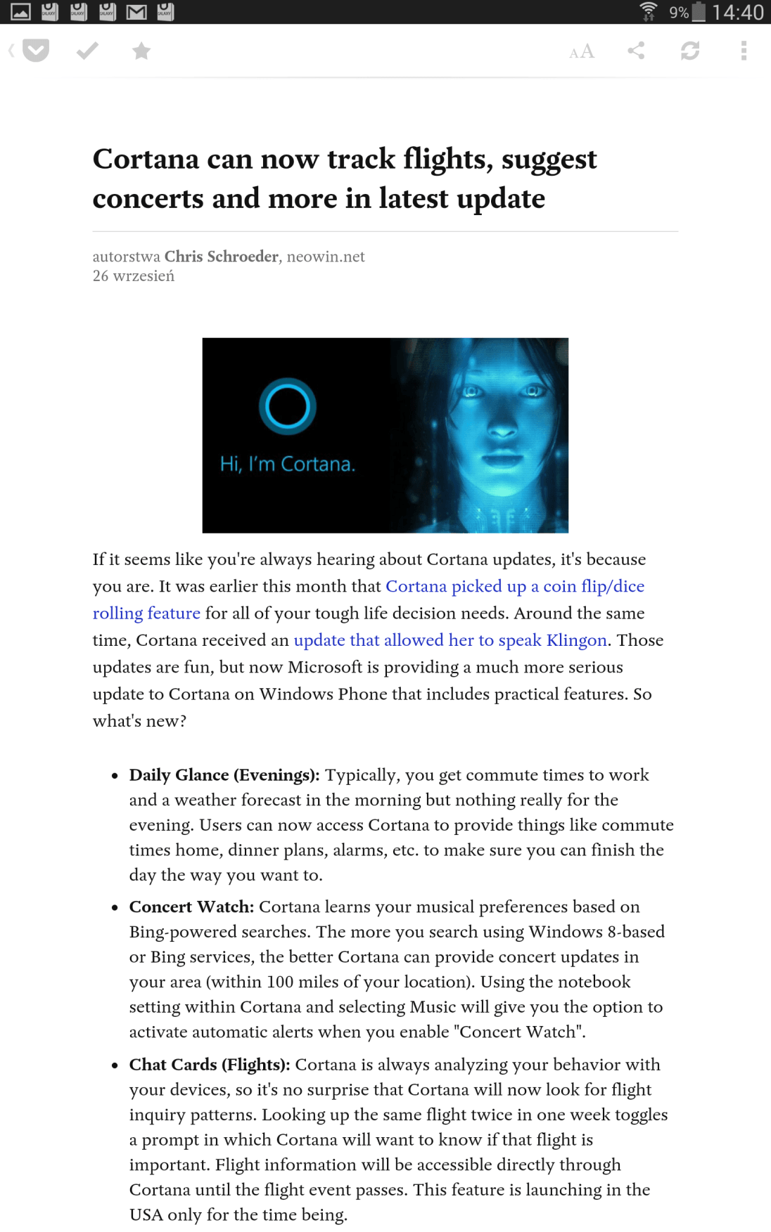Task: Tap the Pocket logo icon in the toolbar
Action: click(35, 51)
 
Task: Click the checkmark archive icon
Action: click(87, 51)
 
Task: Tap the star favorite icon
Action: click(141, 51)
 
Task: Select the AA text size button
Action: click(582, 51)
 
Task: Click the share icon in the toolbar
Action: click(636, 51)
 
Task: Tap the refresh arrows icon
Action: click(690, 51)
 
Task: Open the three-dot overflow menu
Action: click(744, 51)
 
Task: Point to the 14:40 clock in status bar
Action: click(737, 12)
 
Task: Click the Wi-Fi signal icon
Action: click(648, 11)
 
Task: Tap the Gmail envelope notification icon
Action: click(136, 12)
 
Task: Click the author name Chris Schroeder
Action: click(222, 257)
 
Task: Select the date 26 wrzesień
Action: click(134, 276)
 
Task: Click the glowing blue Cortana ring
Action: click(287, 406)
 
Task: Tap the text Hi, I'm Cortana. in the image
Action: click(288, 464)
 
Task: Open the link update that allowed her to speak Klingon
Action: click(450, 640)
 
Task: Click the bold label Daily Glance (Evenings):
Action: click(224, 775)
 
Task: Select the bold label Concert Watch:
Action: click(191, 907)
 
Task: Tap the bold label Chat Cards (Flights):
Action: click(210, 1065)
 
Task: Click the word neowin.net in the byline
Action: click(326, 257)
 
